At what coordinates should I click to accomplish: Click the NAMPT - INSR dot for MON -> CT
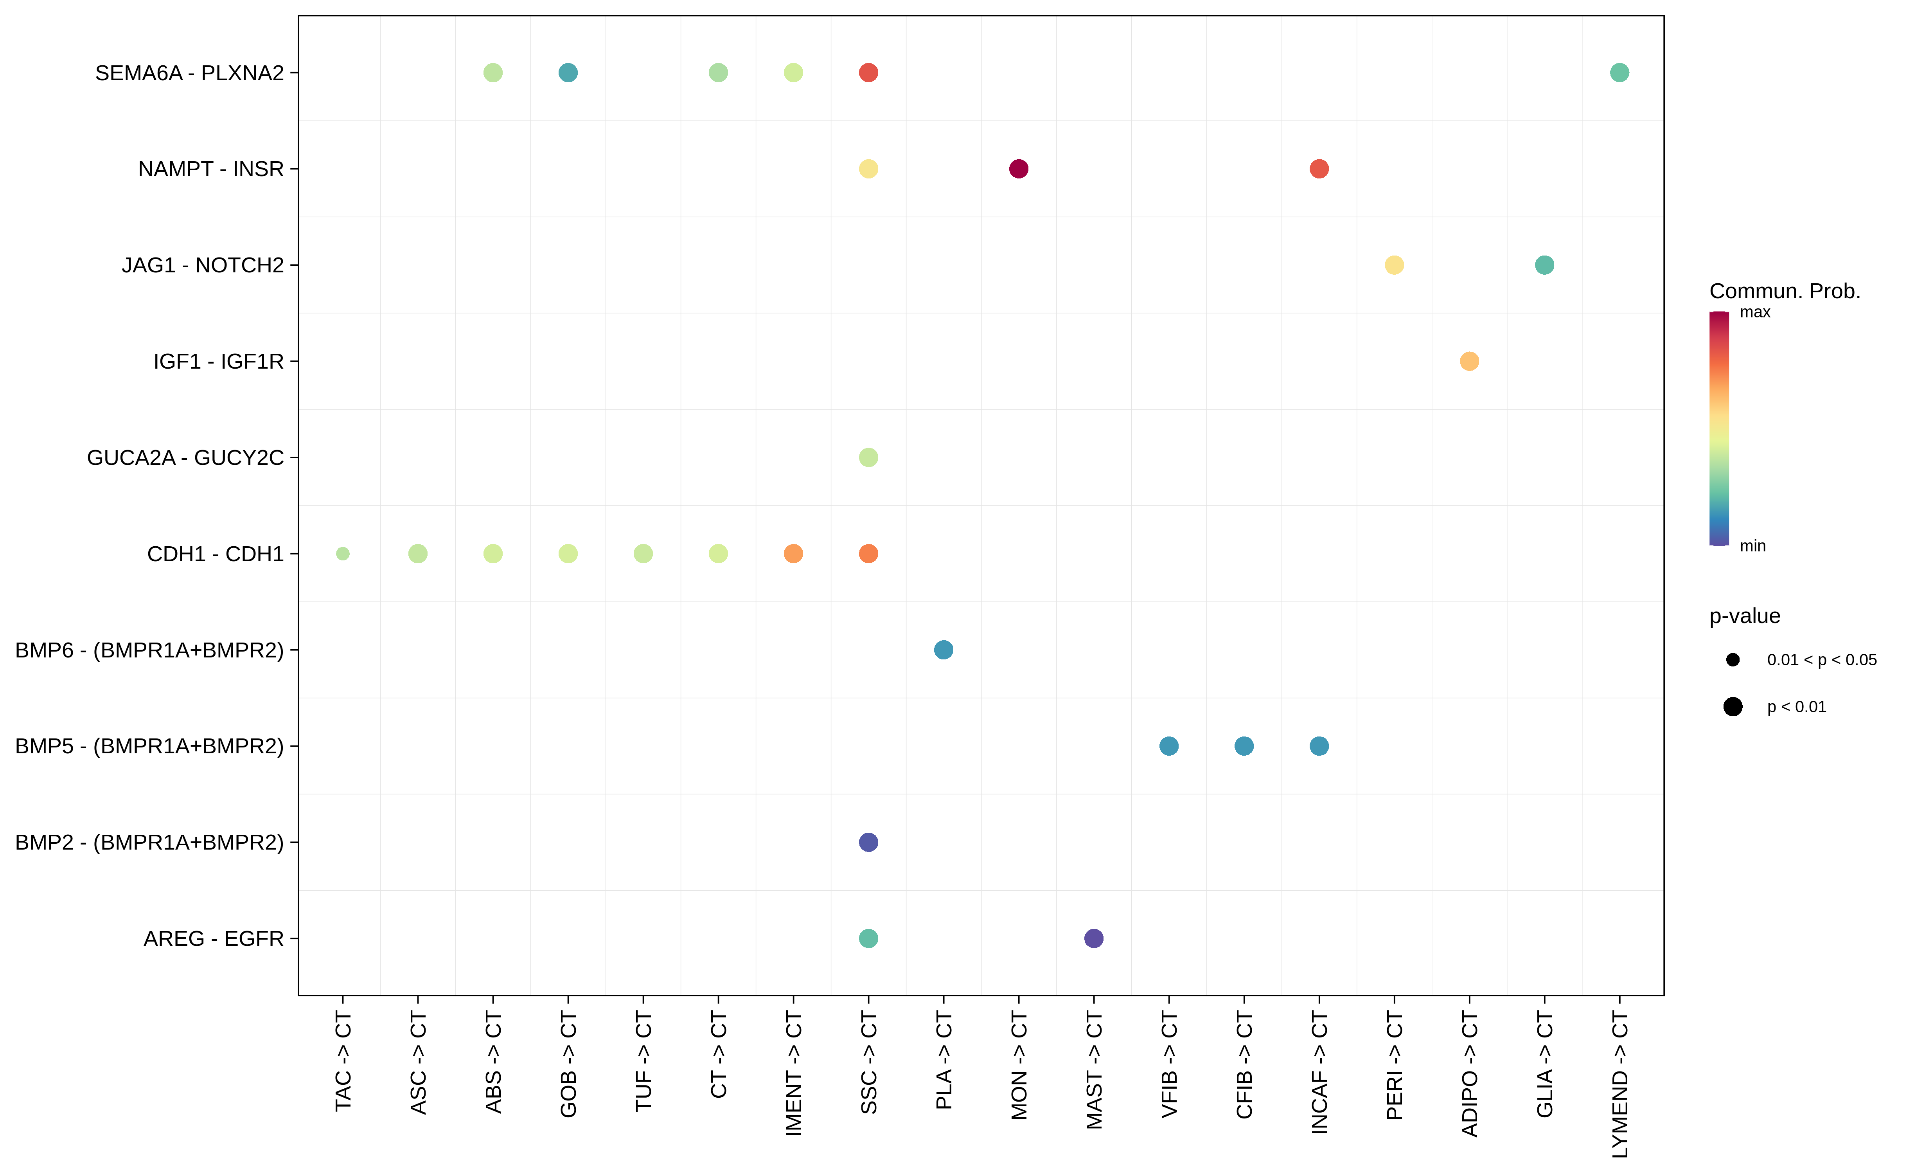[x=1018, y=169]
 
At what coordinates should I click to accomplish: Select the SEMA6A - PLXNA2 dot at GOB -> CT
[x=568, y=72]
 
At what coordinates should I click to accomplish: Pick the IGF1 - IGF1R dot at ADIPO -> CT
[x=1469, y=361]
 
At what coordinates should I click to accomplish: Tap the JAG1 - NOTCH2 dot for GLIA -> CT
[x=1544, y=265]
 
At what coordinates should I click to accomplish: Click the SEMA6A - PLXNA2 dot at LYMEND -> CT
[x=1619, y=72]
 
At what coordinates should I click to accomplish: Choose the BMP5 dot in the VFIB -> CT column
[x=1169, y=746]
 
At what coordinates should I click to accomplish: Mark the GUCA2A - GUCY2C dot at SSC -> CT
[x=868, y=457]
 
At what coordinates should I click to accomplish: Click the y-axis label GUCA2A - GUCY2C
[x=185, y=457]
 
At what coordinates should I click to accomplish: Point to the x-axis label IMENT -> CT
[x=793, y=1073]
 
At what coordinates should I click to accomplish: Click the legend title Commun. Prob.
[x=1785, y=291]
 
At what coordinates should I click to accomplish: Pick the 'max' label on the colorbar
[x=1755, y=312]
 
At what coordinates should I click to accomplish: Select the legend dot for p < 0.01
[x=1733, y=707]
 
